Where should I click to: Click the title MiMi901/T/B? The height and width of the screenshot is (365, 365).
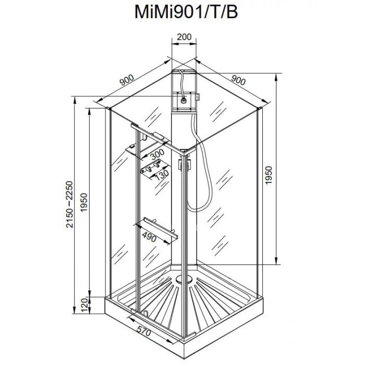point(186,11)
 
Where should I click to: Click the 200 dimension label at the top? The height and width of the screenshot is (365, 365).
point(184,37)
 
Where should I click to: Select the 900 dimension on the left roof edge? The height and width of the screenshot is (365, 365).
point(127,80)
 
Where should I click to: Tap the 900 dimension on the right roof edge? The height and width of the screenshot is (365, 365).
point(238,80)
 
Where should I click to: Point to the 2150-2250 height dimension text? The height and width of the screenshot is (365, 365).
point(69,204)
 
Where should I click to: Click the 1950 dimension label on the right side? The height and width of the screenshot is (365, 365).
point(269,175)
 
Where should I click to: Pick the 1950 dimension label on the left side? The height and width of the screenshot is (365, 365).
point(84,202)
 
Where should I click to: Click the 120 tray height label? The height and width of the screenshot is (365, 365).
point(84,305)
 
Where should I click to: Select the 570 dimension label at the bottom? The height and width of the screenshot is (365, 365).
point(143,331)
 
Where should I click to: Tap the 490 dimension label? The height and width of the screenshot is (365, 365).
point(149,237)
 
